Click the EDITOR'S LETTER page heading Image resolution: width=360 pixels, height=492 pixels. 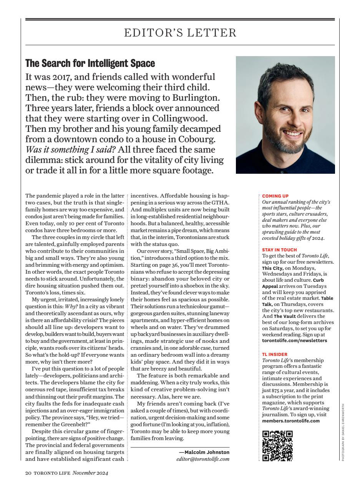[180, 33]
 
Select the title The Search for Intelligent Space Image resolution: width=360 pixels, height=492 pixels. [90, 63]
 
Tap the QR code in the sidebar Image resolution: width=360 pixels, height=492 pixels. [277, 446]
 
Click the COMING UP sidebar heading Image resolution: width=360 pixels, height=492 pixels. [275, 196]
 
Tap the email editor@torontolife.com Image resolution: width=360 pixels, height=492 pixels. [202, 459]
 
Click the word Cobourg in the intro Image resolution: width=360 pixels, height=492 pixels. [198, 139]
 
